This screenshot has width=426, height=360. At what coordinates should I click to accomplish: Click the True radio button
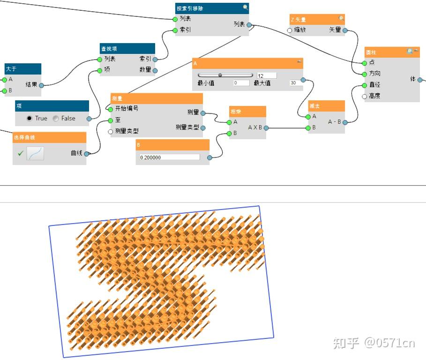click(30, 118)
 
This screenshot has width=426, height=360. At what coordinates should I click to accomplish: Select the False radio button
click(56, 118)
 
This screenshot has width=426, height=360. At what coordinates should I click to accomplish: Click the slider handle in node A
click(220, 75)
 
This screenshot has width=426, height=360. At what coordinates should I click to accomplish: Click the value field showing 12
click(267, 75)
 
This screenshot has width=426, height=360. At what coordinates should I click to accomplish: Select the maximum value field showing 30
click(296, 83)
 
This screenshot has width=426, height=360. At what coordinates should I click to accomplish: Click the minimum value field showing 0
click(241, 83)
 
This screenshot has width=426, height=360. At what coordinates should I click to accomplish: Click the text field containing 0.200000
click(169, 157)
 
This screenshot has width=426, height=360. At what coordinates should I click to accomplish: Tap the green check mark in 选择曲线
click(20, 153)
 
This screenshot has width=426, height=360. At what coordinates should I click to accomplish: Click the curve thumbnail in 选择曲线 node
click(35, 153)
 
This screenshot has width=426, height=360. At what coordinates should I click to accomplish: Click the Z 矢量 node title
click(299, 20)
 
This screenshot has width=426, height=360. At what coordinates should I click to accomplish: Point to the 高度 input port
click(365, 96)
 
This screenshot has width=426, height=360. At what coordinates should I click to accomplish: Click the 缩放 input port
click(290, 30)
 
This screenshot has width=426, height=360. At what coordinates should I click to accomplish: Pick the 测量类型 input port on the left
click(111, 132)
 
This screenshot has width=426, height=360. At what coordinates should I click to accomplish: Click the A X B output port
click(266, 127)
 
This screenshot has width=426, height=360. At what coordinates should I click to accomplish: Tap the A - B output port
click(345, 122)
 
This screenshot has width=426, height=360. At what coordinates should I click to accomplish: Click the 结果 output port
click(41, 85)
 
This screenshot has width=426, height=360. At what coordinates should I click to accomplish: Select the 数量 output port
click(155, 70)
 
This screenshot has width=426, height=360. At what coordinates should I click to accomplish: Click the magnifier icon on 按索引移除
click(245, 7)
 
